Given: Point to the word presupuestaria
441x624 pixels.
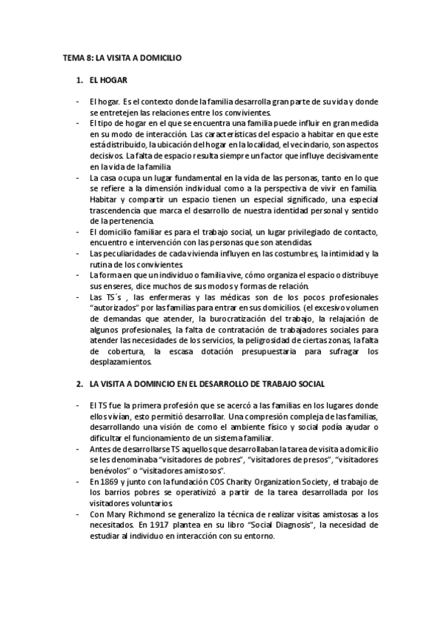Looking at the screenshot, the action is [275, 352].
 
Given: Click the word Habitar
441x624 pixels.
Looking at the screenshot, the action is [105, 199].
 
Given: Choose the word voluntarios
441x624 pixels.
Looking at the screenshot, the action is [138, 503].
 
